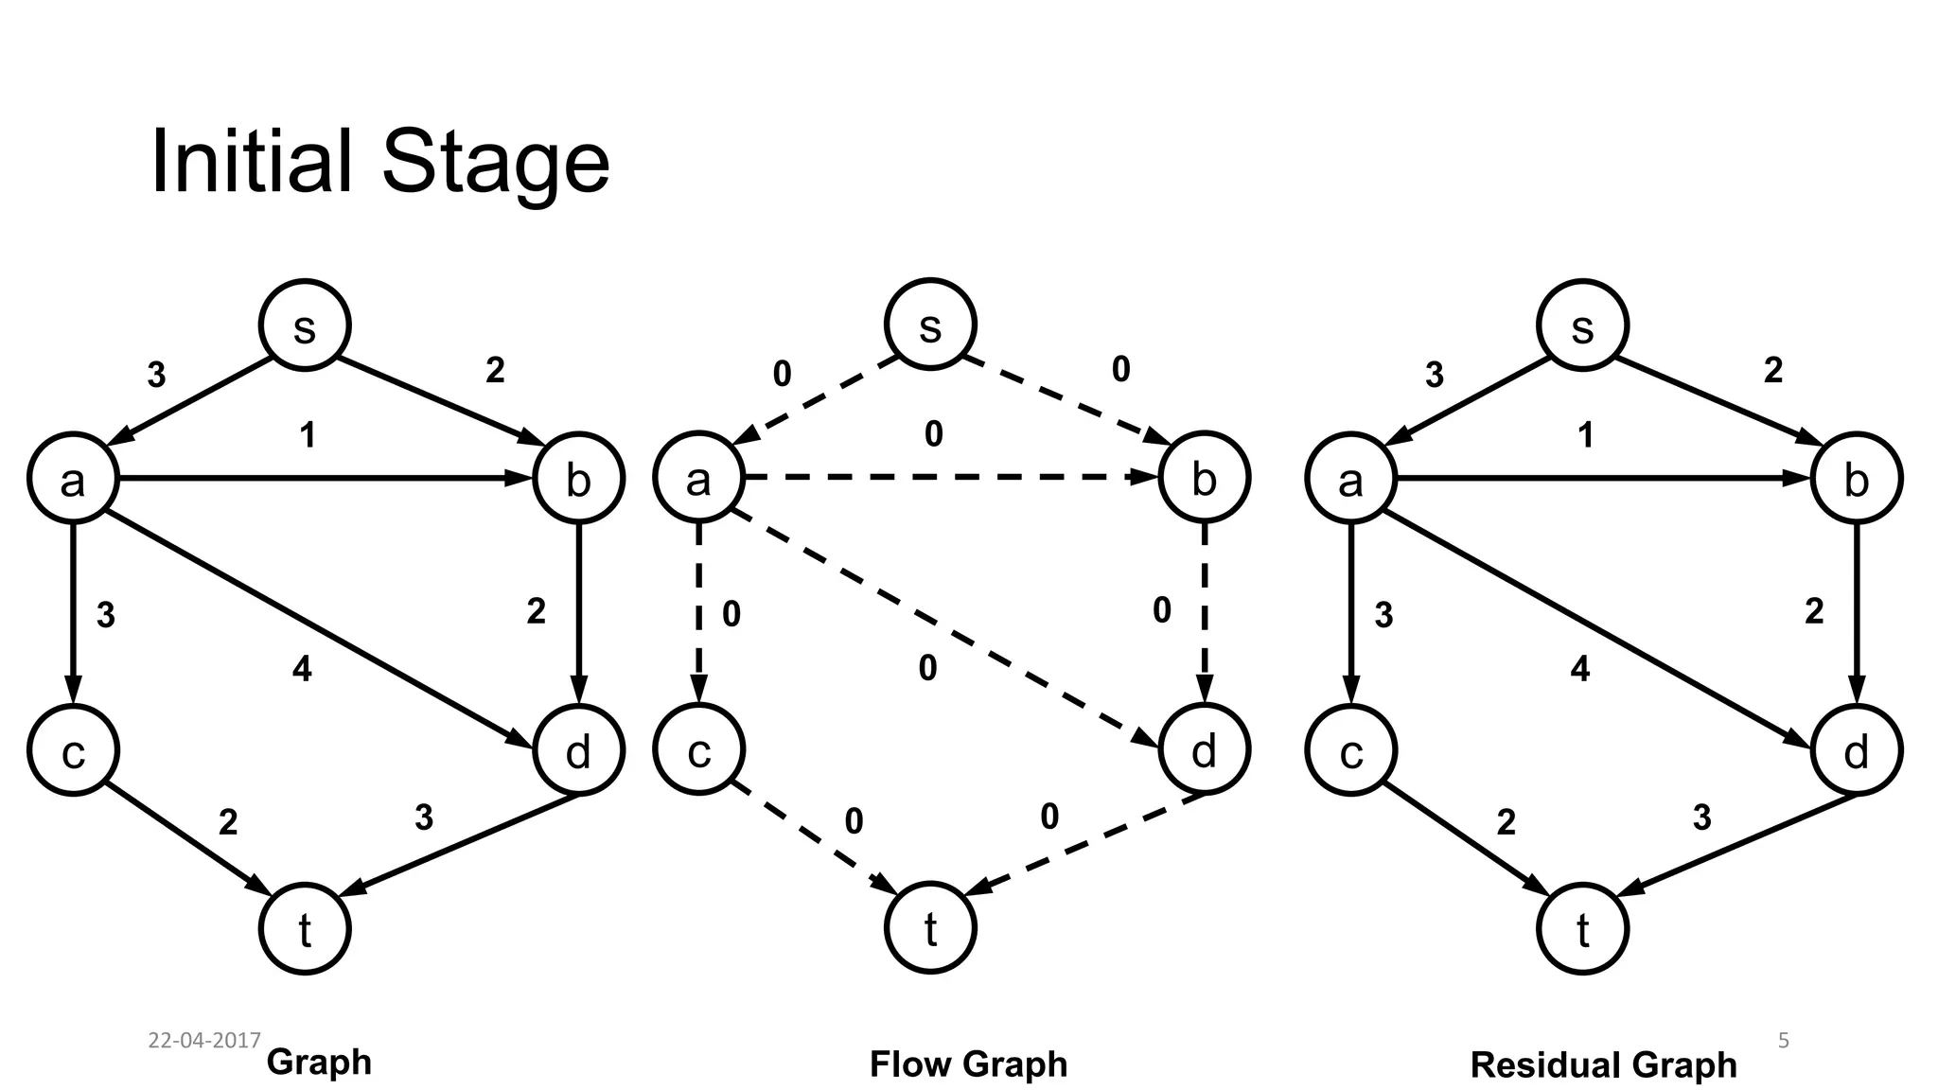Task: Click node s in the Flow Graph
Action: tap(929, 325)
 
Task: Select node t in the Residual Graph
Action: tap(1582, 928)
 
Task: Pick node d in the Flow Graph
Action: tap(1204, 749)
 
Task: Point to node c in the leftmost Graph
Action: tap(73, 751)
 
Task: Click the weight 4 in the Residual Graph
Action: tap(1579, 670)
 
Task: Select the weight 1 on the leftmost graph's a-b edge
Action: tap(307, 435)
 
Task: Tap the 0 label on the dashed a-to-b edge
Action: tap(933, 434)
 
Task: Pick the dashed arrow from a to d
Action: tap(946, 628)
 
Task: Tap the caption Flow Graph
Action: tap(967, 1064)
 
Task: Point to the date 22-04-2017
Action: tap(204, 1040)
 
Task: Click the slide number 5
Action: tap(1783, 1041)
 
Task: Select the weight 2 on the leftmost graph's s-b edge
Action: tap(495, 370)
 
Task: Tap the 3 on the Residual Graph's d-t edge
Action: tap(1701, 817)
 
